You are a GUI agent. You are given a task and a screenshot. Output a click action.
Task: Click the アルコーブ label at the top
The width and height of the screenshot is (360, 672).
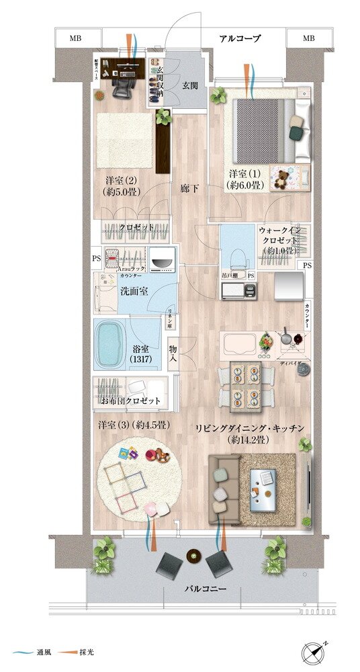tap(240, 38)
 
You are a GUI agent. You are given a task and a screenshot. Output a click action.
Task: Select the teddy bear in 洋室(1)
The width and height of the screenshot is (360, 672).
tap(280, 179)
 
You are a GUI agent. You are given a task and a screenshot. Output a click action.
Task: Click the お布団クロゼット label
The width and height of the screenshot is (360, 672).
tap(131, 401)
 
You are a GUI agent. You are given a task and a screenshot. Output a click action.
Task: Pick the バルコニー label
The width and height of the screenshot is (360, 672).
tap(205, 589)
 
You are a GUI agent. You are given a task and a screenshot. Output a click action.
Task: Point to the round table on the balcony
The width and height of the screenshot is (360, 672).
tap(195, 555)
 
